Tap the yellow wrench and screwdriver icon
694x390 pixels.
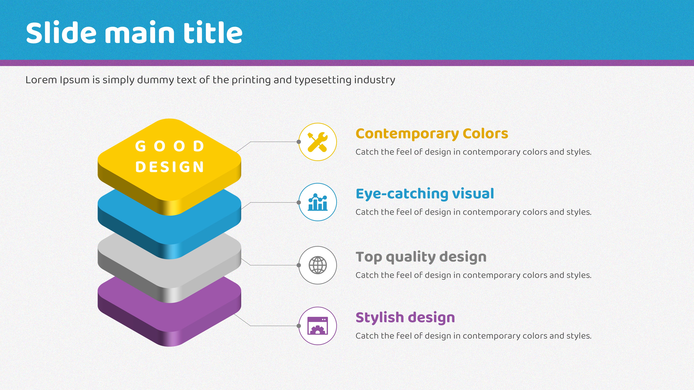tap(318, 142)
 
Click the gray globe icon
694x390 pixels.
tap(318, 265)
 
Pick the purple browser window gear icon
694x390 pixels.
tap(318, 326)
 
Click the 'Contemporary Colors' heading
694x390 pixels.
tap(432, 134)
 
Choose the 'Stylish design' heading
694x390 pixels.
tap(405, 318)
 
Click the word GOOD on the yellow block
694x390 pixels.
tap(170, 146)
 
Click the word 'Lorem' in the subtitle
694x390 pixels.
tap(41, 80)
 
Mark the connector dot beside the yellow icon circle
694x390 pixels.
tap(299, 142)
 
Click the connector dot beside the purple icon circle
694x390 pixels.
tap(299, 326)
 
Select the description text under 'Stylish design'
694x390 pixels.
tap(473, 336)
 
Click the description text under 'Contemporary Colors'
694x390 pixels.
tap(473, 152)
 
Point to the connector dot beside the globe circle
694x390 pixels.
tap(299, 265)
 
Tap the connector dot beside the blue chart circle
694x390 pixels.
tap(299, 202)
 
